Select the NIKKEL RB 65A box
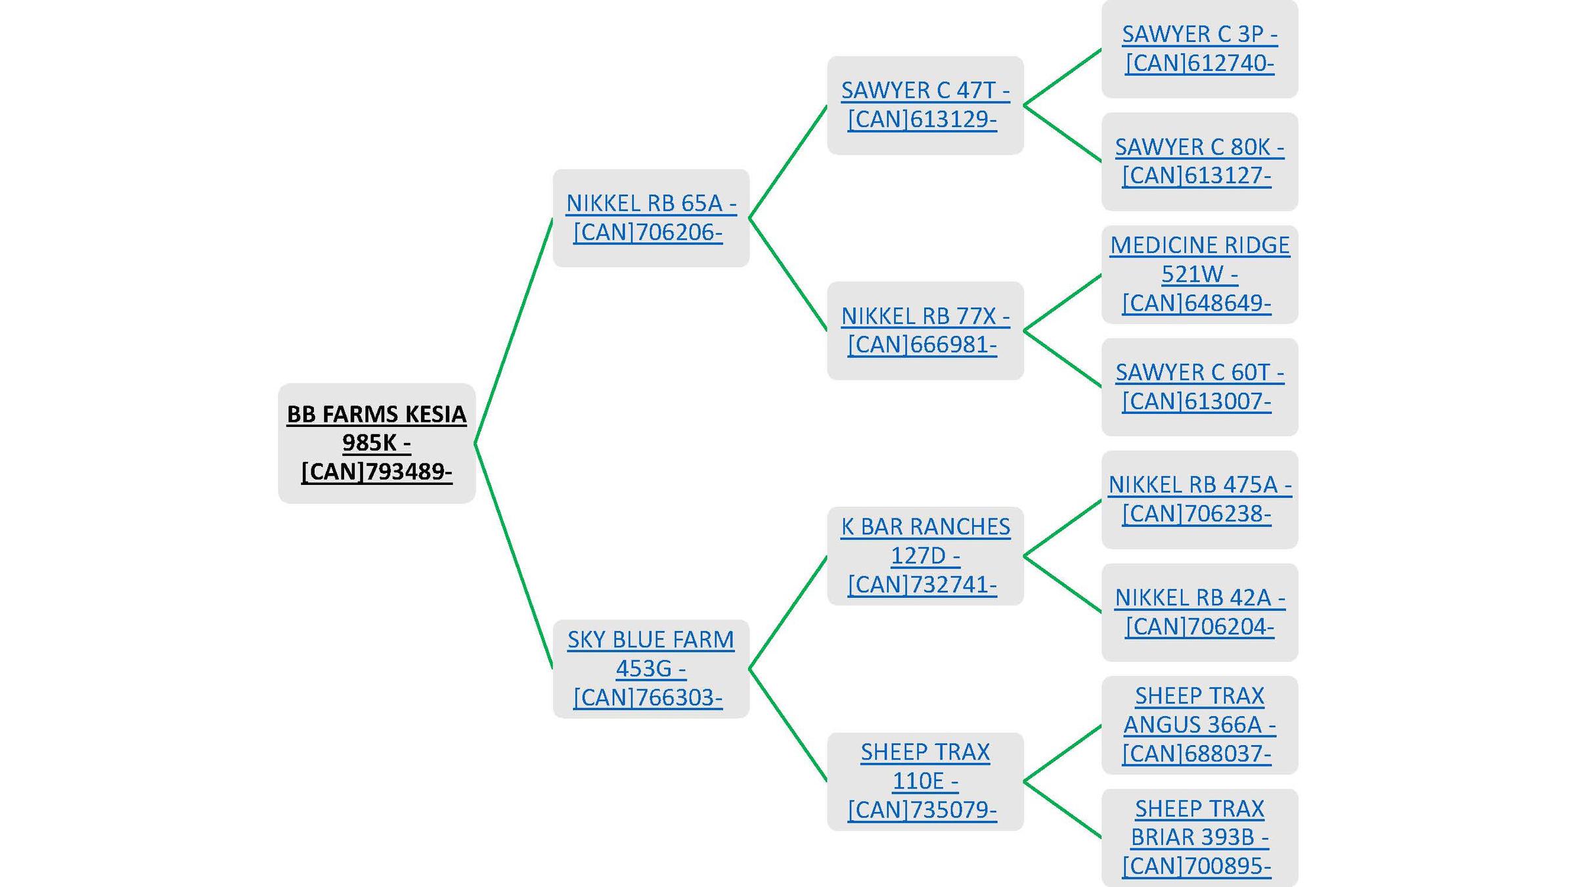pyautogui.click(x=651, y=217)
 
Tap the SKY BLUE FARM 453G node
pyautogui.click(x=651, y=668)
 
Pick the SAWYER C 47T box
pyautogui.click(x=925, y=105)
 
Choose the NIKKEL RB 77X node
pyautogui.click(x=925, y=330)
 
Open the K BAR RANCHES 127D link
pyautogui.click(x=925, y=555)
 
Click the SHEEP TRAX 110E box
pyautogui.click(x=925, y=781)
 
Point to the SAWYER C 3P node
pyautogui.click(x=1199, y=49)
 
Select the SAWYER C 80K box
pyautogui.click(x=1199, y=162)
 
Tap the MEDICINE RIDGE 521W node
pyautogui.click(x=1199, y=274)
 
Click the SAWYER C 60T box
pyautogui.click(x=1199, y=387)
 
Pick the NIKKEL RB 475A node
pyautogui.click(x=1199, y=499)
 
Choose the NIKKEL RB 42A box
pyautogui.click(x=1199, y=612)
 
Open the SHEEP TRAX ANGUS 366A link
pyautogui.click(x=1199, y=725)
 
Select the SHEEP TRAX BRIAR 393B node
pyautogui.click(x=1199, y=838)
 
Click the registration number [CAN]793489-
pyautogui.click(x=376, y=472)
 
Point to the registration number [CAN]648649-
pyautogui.click(x=1197, y=303)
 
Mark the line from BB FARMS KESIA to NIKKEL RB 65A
pyautogui.click(x=514, y=330)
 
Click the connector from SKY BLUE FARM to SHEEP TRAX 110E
pyautogui.click(x=788, y=725)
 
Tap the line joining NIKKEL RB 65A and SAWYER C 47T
pyautogui.click(x=788, y=162)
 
